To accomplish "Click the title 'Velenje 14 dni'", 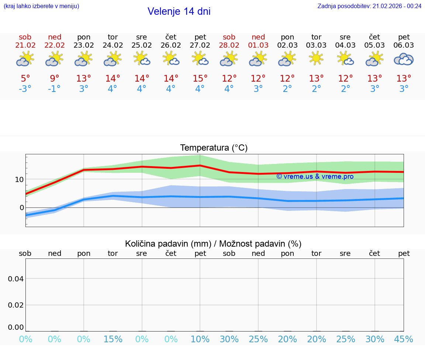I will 179,11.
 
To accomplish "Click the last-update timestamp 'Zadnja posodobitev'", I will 369,6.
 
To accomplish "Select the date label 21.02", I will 25,45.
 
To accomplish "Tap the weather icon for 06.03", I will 404,59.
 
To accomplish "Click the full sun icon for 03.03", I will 316,59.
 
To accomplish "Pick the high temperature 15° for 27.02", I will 200,79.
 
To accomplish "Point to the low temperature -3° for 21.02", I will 25,89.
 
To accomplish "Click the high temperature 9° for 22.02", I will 55,79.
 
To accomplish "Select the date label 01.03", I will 258,45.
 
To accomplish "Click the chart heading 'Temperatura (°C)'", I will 214,148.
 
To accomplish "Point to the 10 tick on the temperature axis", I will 19,179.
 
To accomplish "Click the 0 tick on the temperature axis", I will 22,208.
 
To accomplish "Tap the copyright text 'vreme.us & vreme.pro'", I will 315,176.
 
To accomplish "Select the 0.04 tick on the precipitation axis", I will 16,279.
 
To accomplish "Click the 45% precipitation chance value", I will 404,339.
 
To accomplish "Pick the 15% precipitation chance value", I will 113,339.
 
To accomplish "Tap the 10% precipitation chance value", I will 200,339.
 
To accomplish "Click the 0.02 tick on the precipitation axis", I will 16,305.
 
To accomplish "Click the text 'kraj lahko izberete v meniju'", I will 41,6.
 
